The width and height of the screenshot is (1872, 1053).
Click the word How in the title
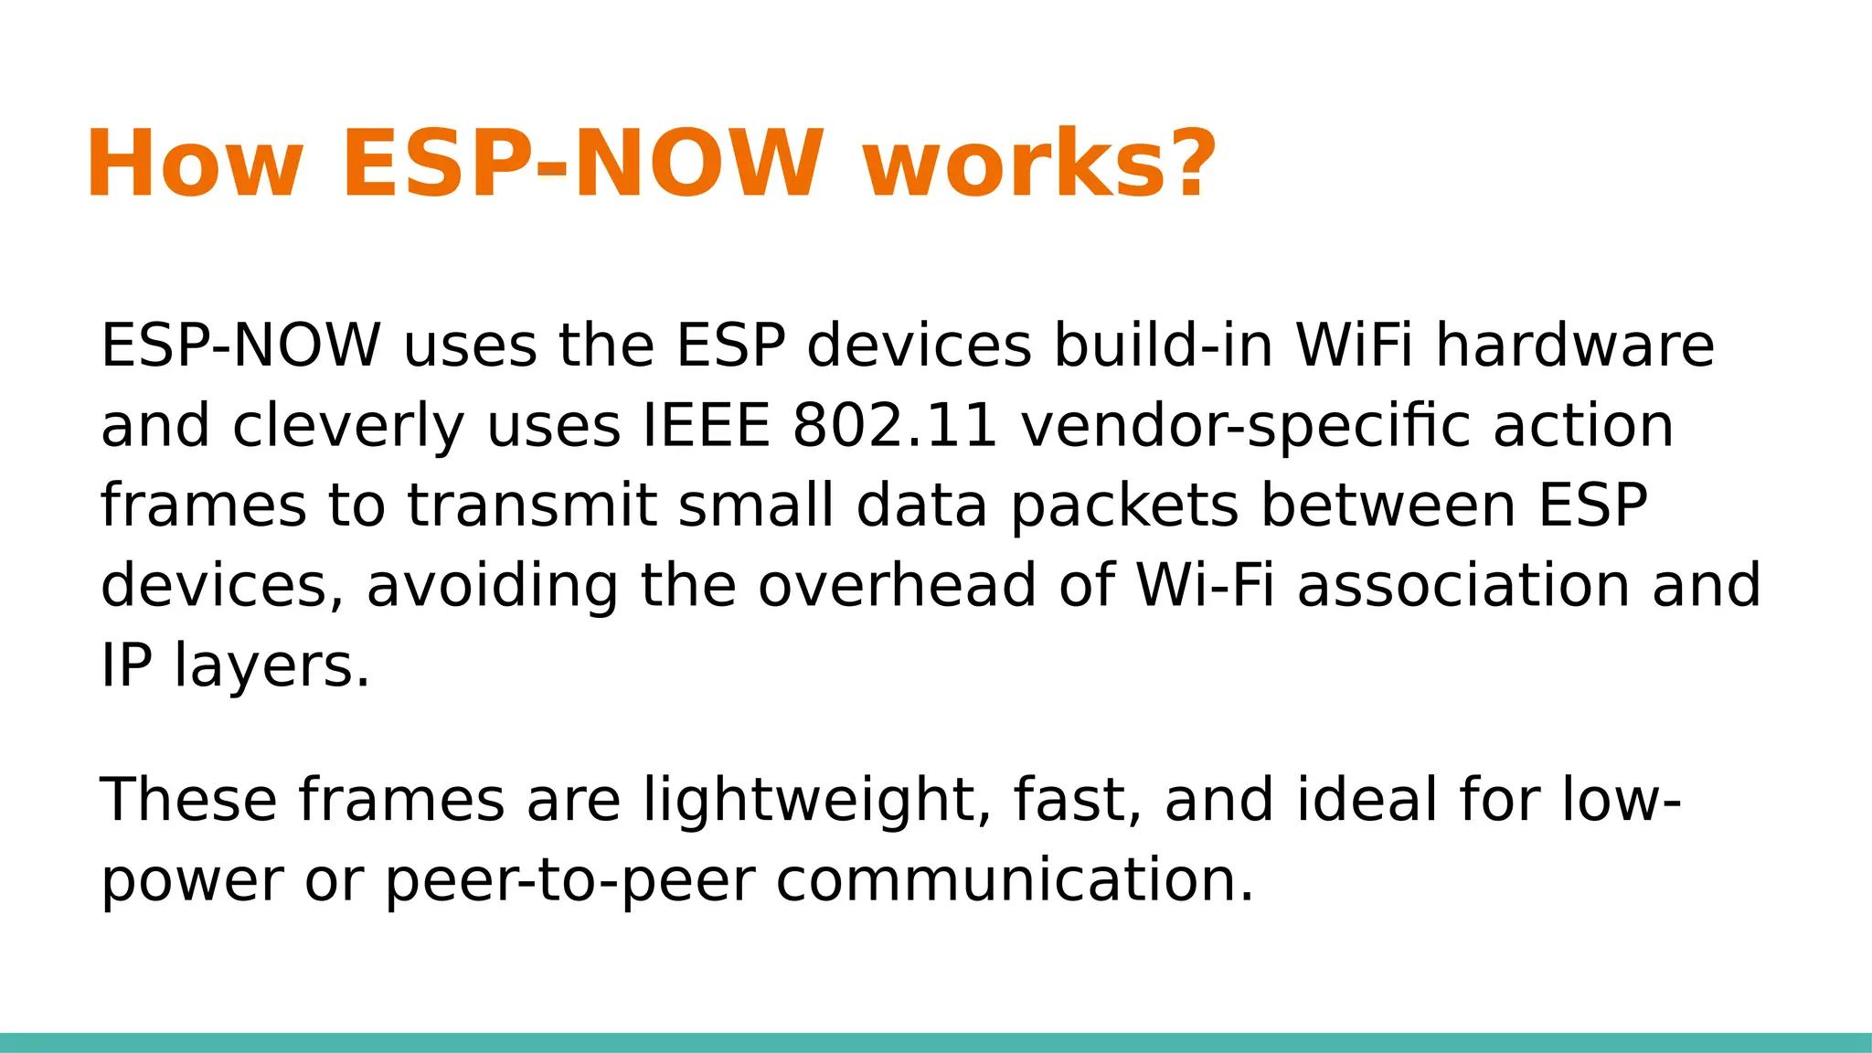(194, 165)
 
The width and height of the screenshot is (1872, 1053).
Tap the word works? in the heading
(1039, 165)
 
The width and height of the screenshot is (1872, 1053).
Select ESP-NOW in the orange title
(582, 165)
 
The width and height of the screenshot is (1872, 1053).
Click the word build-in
(1163, 346)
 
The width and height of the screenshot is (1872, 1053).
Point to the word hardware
(1574, 346)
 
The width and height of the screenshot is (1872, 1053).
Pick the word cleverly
(348, 426)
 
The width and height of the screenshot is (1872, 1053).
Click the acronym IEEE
(707, 426)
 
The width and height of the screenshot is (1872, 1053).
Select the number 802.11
(895, 426)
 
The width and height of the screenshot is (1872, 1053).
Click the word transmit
(531, 505)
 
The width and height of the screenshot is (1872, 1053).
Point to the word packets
(1124, 505)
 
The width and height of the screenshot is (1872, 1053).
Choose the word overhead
(897, 585)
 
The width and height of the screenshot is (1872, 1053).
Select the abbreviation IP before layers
(125, 665)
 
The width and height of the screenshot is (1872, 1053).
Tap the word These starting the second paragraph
(188, 799)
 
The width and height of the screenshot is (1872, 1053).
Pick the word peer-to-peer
(570, 879)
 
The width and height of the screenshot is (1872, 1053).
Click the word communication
(1015, 879)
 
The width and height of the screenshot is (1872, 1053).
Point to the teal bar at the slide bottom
(936, 1042)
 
